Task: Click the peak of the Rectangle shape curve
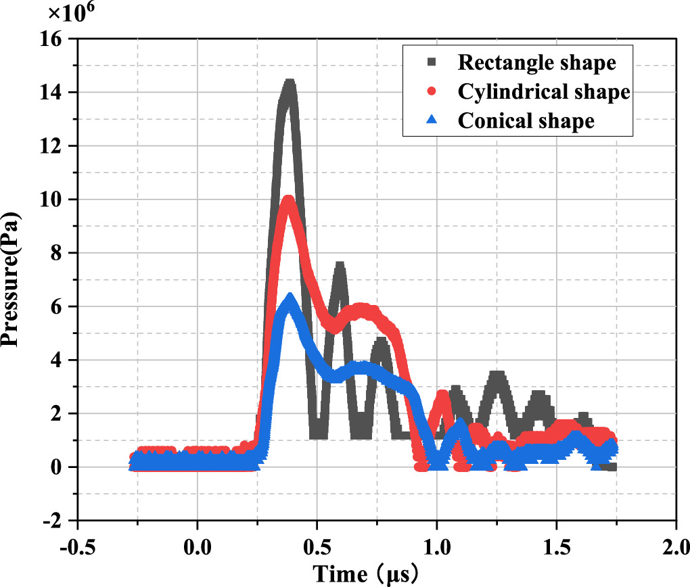[x=290, y=85]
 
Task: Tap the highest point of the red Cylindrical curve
[x=289, y=201]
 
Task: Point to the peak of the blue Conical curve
[x=290, y=298]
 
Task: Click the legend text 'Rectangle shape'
[x=536, y=63]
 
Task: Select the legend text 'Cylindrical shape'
[x=544, y=91]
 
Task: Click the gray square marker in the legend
[x=432, y=63]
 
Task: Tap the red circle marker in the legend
[x=432, y=91]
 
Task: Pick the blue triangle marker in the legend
[x=432, y=120]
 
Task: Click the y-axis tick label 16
[x=53, y=39]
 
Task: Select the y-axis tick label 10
[x=53, y=199]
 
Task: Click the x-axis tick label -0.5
[x=78, y=546]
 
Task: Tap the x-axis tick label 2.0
[x=676, y=546]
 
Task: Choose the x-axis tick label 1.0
[x=436, y=546]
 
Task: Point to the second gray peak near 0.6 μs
[x=340, y=266]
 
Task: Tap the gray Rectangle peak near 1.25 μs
[x=498, y=376]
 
